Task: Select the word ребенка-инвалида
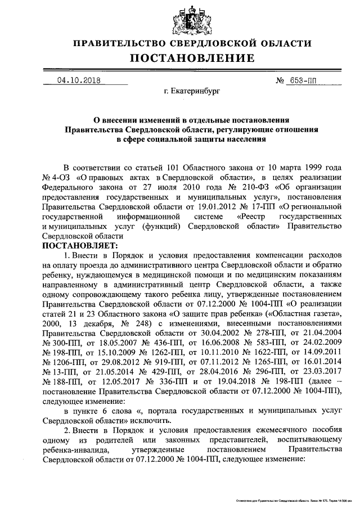(x=78, y=451)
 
